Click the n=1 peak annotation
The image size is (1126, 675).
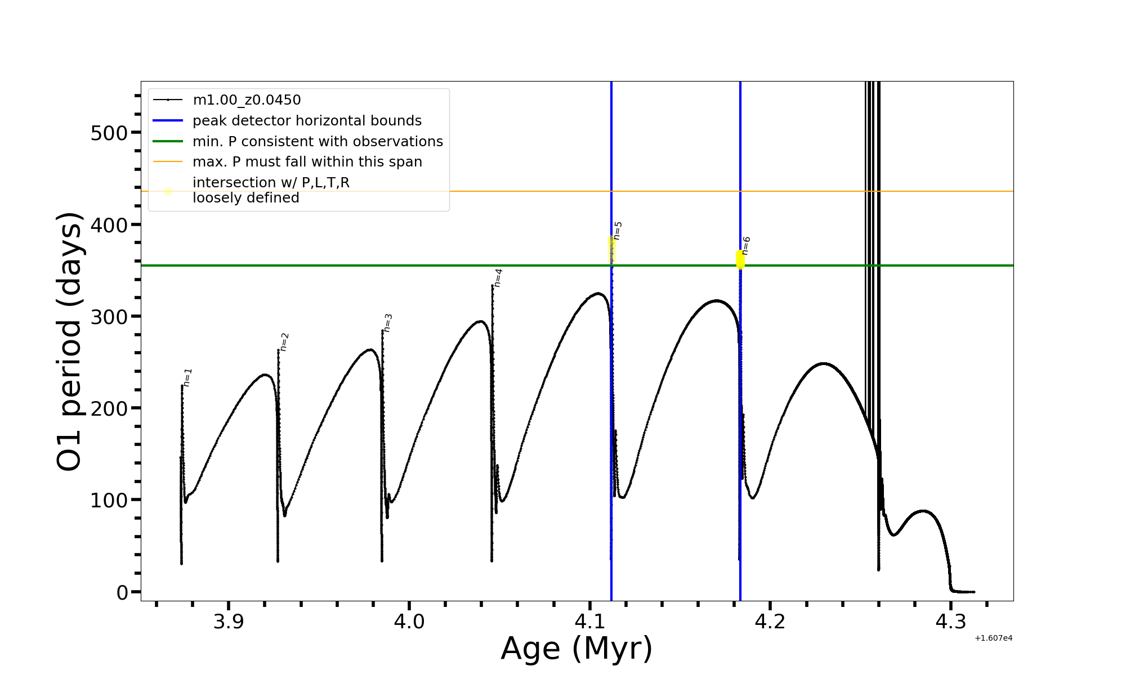coord(188,377)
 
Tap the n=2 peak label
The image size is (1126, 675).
coord(285,342)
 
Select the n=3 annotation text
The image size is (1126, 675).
coord(388,323)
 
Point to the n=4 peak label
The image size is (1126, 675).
coord(498,278)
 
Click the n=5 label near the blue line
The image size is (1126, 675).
coord(618,231)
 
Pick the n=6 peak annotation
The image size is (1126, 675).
coord(747,246)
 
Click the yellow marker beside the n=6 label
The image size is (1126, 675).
coord(740,260)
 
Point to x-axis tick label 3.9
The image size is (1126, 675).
coord(229,622)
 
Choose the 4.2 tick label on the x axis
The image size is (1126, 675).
coord(770,622)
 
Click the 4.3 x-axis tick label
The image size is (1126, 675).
coord(950,622)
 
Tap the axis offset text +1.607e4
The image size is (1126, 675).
coord(994,638)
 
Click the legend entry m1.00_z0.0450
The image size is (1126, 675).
coord(247,100)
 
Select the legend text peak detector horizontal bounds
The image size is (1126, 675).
coord(307,121)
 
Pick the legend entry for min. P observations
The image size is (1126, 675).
coord(318,142)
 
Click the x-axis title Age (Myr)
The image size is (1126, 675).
coord(577,649)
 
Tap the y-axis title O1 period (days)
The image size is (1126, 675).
coord(70,341)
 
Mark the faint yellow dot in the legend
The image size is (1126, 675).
coord(168,191)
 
